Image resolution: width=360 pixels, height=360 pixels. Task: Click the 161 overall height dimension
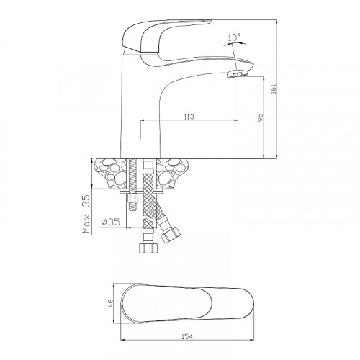pos(274,89)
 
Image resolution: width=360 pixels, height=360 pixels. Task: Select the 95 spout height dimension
pos(261,117)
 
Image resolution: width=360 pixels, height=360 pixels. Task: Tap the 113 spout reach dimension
pos(189,117)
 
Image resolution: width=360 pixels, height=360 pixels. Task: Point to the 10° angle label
pos(234,37)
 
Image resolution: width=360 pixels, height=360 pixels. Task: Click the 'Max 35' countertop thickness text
pos(86,214)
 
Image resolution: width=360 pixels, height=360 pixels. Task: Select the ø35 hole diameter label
pos(111,222)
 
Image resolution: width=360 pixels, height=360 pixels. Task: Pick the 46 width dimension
pos(110,303)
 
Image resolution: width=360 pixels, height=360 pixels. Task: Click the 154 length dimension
pos(187,336)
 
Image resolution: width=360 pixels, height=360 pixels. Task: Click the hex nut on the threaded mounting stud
pos(132,198)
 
